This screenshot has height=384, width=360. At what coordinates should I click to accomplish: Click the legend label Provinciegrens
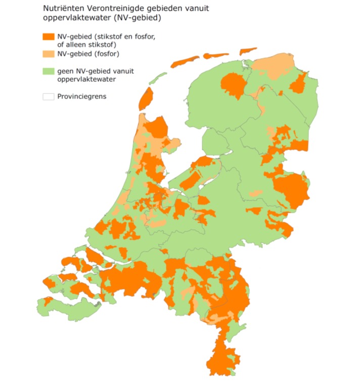(x=82, y=96)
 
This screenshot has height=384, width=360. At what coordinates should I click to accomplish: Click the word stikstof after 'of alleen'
(x=104, y=44)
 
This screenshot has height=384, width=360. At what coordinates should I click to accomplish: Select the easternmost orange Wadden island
(x=248, y=51)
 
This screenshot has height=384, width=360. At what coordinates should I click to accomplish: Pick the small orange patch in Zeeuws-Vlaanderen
(x=48, y=302)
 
